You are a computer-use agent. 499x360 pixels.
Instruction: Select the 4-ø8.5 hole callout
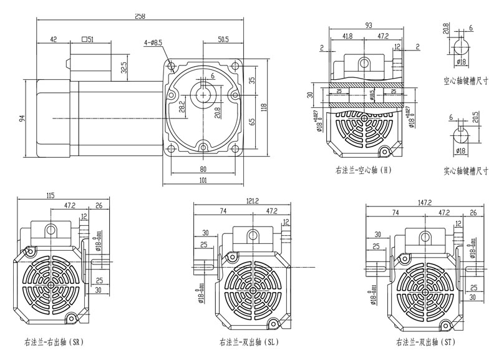click(x=153, y=42)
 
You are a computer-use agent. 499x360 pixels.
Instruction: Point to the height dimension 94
click(x=24, y=119)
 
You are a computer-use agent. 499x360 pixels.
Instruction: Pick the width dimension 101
click(x=204, y=182)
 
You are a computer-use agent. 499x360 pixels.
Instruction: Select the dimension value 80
click(x=204, y=168)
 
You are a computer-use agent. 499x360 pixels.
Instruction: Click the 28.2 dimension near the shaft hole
click(x=182, y=107)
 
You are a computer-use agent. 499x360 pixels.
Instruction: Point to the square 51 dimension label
click(x=87, y=39)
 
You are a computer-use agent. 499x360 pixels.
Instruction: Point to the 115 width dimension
click(x=49, y=197)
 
